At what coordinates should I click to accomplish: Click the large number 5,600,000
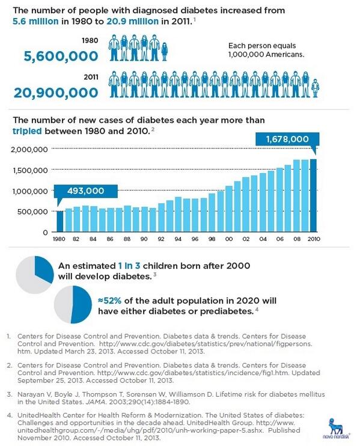tap(61, 56)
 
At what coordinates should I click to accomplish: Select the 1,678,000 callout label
tap(283, 139)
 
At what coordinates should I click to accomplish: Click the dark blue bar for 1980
tap(59, 221)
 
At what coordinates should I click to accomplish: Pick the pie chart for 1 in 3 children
tap(35, 274)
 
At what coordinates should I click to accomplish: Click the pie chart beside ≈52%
tap(73, 304)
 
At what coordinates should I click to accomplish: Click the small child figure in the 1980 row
tap(165, 49)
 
